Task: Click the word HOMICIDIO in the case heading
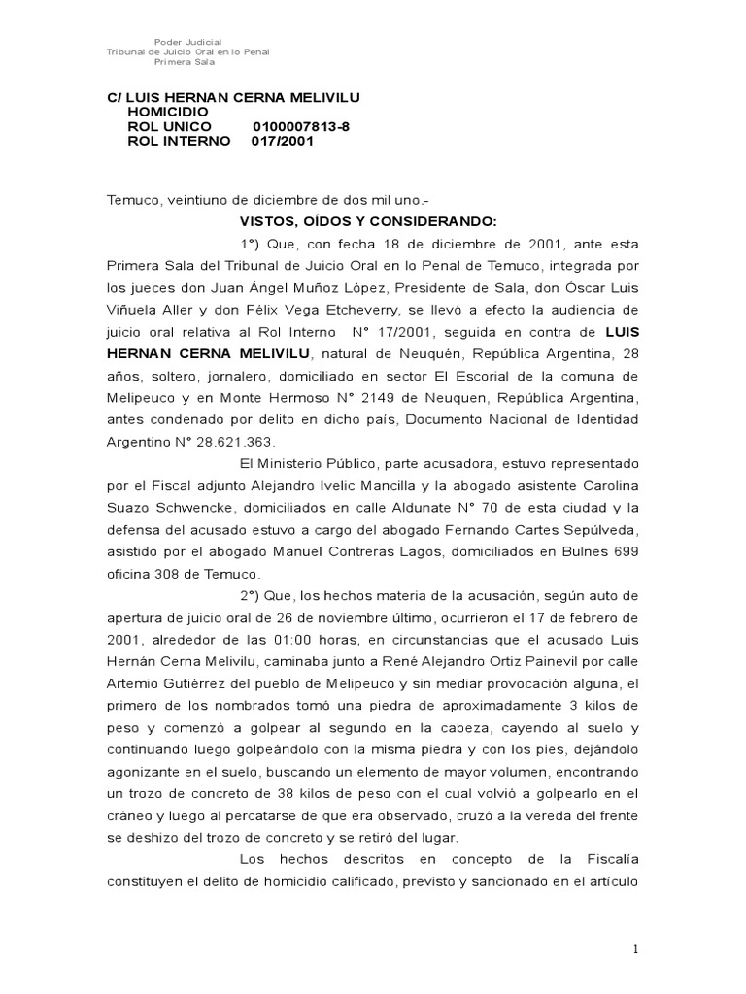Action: (x=168, y=112)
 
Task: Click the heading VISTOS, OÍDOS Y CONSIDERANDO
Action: (x=368, y=220)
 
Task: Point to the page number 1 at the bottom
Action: (x=636, y=950)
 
